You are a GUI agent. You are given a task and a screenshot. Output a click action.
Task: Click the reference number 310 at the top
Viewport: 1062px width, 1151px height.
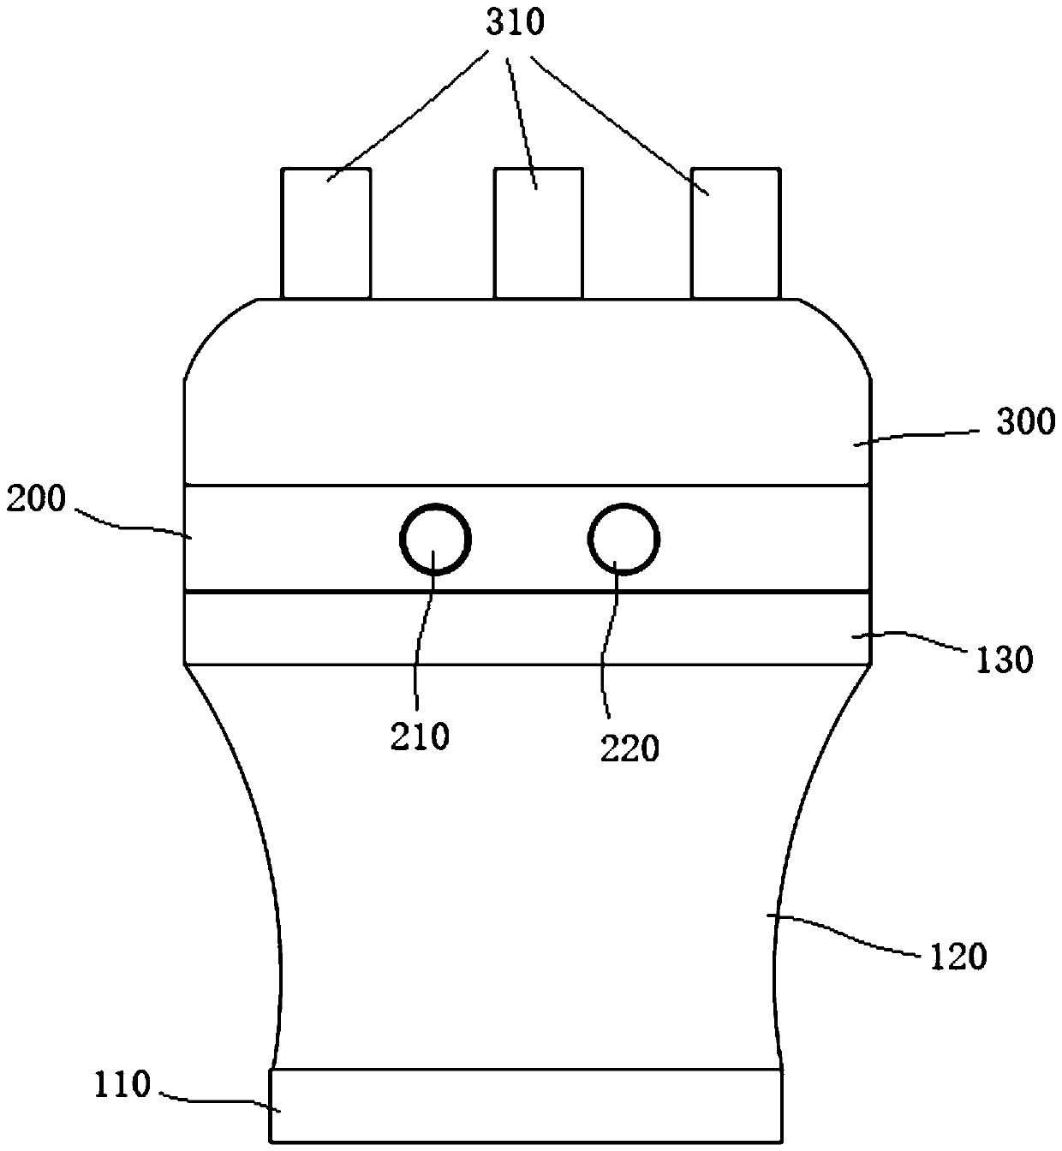(x=515, y=23)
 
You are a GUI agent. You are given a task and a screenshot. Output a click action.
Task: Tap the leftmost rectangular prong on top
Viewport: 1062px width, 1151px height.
(x=326, y=233)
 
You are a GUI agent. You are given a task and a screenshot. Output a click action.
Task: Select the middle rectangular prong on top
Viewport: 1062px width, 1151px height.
(x=539, y=233)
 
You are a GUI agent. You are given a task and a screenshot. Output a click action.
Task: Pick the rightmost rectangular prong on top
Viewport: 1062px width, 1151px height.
(x=736, y=233)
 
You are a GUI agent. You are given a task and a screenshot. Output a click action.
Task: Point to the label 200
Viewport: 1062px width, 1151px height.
(x=36, y=498)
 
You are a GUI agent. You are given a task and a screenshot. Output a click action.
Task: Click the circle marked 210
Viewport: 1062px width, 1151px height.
(x=436, y=540)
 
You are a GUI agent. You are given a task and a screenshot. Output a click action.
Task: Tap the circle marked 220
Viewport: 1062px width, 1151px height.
(x=623, y=540)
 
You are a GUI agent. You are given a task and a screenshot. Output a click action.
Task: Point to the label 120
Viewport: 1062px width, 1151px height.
(x=958, y=956)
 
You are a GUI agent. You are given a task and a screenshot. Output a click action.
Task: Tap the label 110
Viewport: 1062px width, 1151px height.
(x=122, y=1086)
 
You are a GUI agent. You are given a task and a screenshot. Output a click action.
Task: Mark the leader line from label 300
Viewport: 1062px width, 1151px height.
(x=916, y=437)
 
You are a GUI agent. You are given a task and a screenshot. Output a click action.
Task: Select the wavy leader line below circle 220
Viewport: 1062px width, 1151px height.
(x=610, y=651)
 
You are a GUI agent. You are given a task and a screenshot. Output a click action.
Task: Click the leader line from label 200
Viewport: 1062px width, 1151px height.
(x=128, y=524)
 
